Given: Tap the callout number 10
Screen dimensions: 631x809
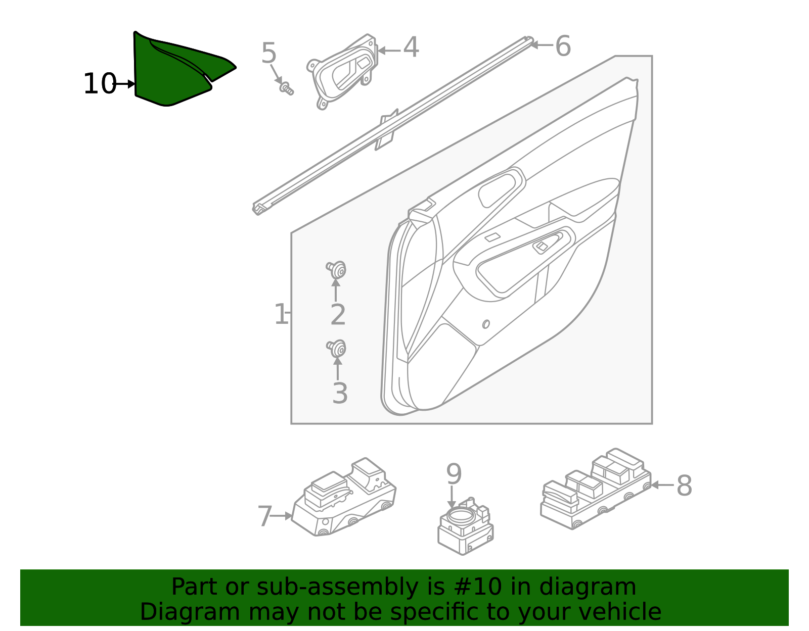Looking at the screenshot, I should click(x=99, y=84).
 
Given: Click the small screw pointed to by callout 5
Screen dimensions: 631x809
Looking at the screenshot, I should click(x=287, y=89).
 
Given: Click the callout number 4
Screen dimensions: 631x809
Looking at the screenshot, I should click(x=411, y=48).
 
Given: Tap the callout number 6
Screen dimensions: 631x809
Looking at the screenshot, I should click(x=563, y=46).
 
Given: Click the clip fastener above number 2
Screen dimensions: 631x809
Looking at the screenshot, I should click(x=337, y=270).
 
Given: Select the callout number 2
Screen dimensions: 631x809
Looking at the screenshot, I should click(x=338, y=315).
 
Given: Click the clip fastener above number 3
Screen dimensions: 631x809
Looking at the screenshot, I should click(x=337, y=349).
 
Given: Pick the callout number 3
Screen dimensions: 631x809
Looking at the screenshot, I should click(x=340, y=394).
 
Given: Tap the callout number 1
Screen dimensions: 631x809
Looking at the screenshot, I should click(x=280, y=314).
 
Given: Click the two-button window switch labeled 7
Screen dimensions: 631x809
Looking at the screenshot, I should click(x=344, y=498).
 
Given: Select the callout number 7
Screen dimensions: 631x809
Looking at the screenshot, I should click(x=265, y=516).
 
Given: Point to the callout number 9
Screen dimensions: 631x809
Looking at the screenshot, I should click(x=454, y=475).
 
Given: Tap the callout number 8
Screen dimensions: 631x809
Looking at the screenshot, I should click(x=684, y=486).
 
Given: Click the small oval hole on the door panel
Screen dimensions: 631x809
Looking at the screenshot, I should click(x=486, y=324).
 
